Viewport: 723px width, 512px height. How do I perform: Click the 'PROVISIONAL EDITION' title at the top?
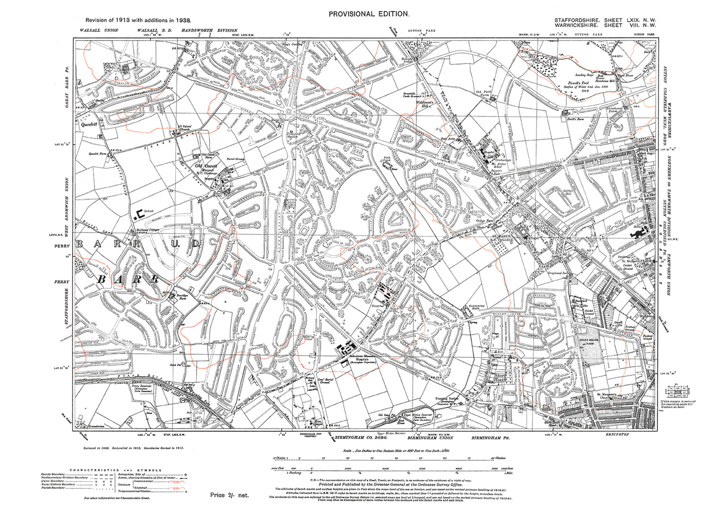pos(369,14)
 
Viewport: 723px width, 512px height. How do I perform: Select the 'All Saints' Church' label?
pos(179,128)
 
